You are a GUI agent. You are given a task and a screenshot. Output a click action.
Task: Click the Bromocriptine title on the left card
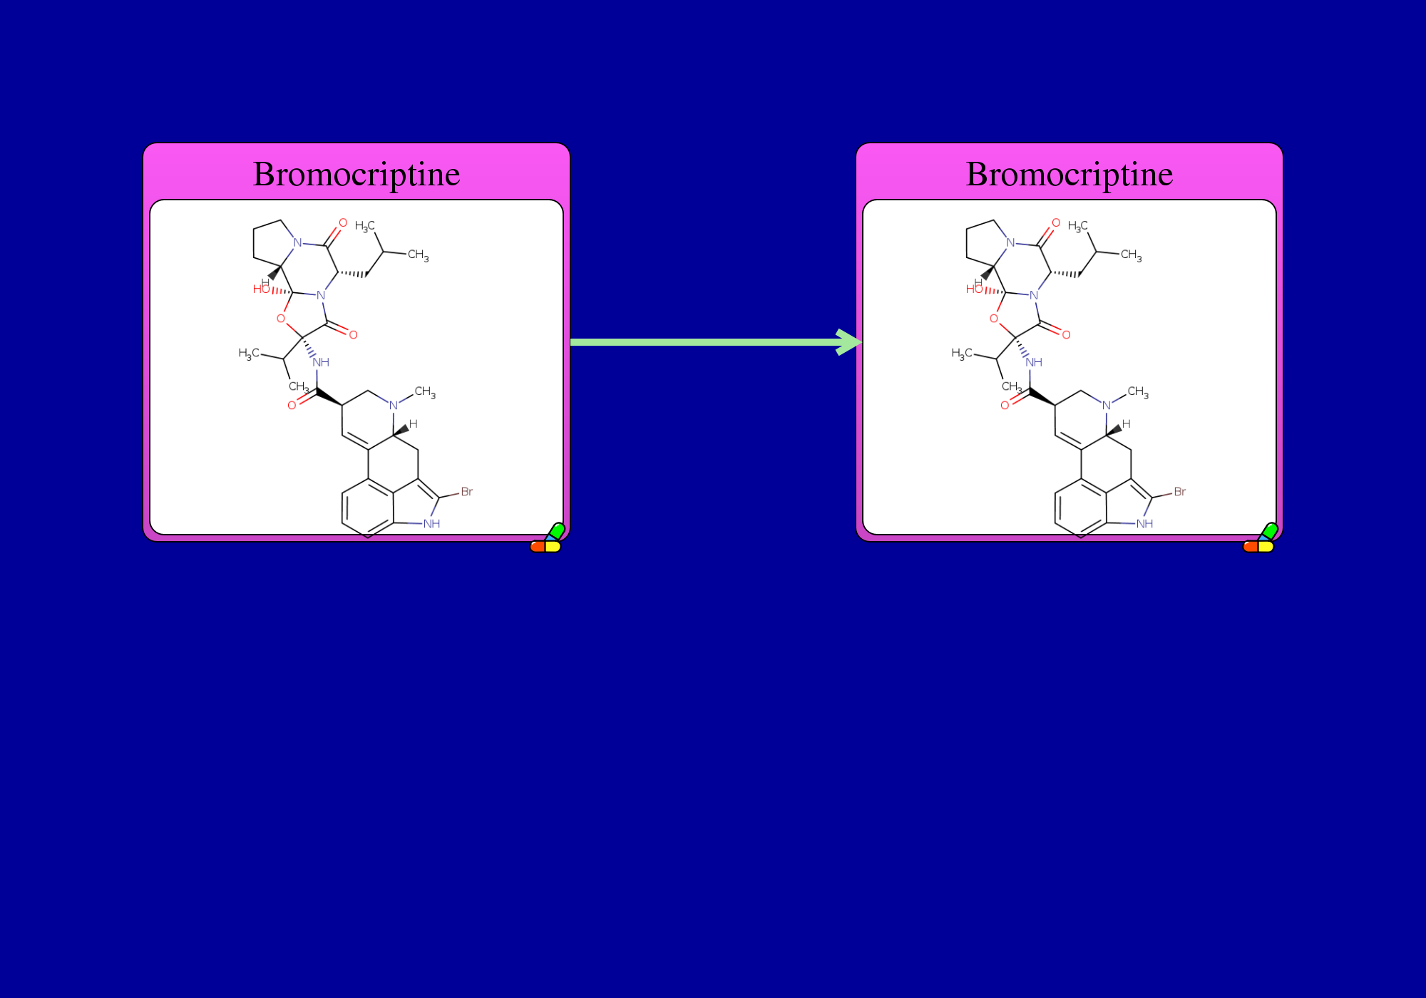(356, 175)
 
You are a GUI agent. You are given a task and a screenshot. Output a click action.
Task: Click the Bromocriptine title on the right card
(1069, 175)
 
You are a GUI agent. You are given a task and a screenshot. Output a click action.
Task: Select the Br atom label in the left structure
(467, 492)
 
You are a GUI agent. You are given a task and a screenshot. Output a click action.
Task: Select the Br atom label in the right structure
(1180, 492)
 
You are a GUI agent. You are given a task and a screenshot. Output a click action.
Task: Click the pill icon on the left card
(547, 538)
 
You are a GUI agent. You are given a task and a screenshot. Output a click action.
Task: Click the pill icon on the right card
(1260, 538)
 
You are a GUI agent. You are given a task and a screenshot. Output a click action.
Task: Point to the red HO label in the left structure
(261, 289)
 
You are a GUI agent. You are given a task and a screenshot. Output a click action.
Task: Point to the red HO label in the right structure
(974, 289)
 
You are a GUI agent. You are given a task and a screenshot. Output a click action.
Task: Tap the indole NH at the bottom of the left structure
(431, 524)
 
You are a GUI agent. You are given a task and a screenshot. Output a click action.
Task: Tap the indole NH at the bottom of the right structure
(1144, 524)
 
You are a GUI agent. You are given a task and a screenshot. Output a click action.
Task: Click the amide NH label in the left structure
(321, 362)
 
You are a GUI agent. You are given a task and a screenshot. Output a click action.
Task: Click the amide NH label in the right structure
(1034, 362)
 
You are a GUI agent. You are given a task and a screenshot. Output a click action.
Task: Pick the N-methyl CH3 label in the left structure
(425, 392)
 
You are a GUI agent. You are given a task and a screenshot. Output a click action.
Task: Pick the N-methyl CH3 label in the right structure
(1138, 392)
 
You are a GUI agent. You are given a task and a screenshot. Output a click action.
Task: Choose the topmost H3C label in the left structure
(364, 227)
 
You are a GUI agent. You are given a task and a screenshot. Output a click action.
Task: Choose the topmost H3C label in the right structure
(1077, 227)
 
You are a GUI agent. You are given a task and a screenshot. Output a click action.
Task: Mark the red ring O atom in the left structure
(281, 319)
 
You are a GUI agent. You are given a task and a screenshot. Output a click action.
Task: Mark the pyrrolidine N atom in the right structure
(1010, 242)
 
